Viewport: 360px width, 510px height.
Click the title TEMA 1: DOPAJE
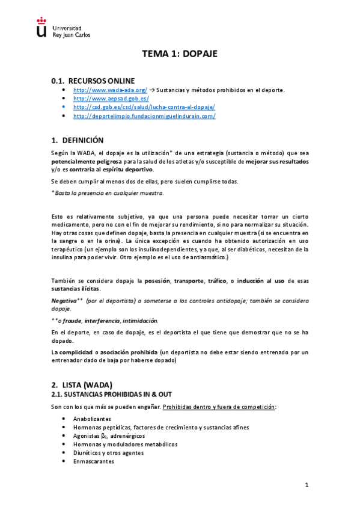pos(179,54)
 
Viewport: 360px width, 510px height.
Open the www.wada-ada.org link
pos(110,90)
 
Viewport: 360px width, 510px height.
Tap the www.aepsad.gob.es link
pos(111,98)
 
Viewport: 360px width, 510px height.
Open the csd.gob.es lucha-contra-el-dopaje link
pos(144,107)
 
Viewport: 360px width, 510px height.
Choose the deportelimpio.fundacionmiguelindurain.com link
pos(144,116)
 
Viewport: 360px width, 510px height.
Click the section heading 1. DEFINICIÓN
pos(78,140)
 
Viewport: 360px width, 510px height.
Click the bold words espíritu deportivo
pos(127,171)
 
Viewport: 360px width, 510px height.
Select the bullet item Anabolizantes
pos(92,419)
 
